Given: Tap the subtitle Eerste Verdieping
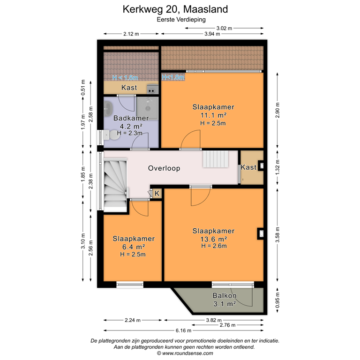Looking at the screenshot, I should pyautogui.click(x=181, y=20).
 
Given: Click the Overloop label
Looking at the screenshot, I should pyautogui.click(x=164, y=168).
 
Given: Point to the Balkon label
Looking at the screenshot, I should pyautogui.click(x=224, y=296).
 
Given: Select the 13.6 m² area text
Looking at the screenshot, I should pyautogui.click(x=213, y=239).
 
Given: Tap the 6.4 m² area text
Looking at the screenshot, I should pyautogui.click(x=133, y=247).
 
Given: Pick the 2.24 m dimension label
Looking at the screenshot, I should pyautogui.click(x=132, y=321).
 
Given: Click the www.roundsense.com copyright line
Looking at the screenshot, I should pyautogui.click(x=181, y=353).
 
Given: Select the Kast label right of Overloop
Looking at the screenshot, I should pyautogui.click(x=248, y=167).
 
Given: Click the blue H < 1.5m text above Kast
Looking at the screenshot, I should pyautogui.click(x=125, y=78).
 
